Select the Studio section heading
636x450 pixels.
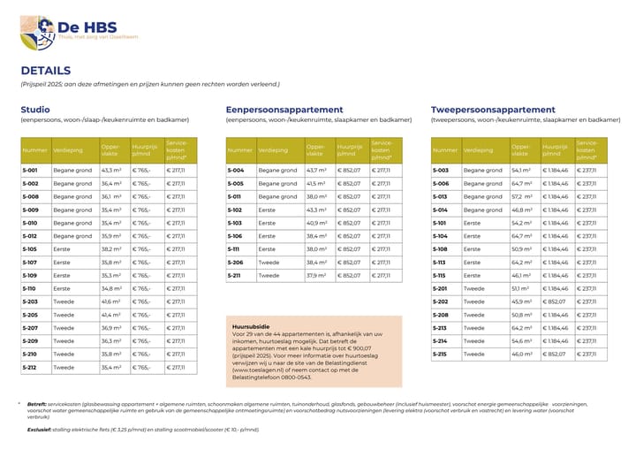click(x=35, y=110)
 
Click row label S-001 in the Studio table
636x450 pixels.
click(x=31, y=171)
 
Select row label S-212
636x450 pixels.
click(x=31, y=367)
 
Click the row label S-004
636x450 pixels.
click(x=236, y=171)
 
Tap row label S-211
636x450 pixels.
click(x=236, y=275)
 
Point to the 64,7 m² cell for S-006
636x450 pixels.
click(x=520, y=184)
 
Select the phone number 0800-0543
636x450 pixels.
click(x=297, y=377)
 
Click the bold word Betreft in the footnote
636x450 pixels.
click(x=36, y=404)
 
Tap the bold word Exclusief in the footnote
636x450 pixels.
click(x=39, y=429)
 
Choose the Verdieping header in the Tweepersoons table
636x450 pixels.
click(x=478, y=150)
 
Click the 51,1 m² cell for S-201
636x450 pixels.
click(x=520, y=288)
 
